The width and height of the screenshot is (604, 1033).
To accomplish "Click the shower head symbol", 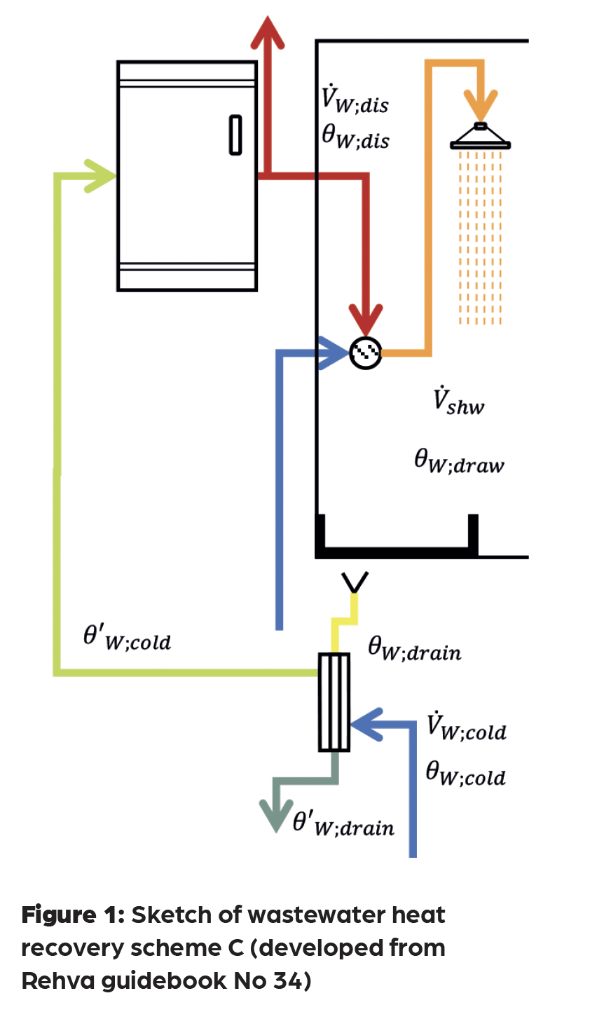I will coord(480,137).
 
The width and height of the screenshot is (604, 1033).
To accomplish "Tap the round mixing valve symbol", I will coord(366,353).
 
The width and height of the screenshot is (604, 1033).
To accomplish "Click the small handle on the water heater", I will coord(236,135).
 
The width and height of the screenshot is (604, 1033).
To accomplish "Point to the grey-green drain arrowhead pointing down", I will coord(275,814).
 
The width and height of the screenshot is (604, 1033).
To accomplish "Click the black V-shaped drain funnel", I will coord(355,582).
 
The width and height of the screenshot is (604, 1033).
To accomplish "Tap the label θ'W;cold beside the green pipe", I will coord(127,638).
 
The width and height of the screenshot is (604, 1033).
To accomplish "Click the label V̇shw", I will coord(458,401).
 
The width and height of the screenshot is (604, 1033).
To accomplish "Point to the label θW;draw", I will coord(459,462).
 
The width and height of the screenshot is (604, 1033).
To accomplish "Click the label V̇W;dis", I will coord(355,100).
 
